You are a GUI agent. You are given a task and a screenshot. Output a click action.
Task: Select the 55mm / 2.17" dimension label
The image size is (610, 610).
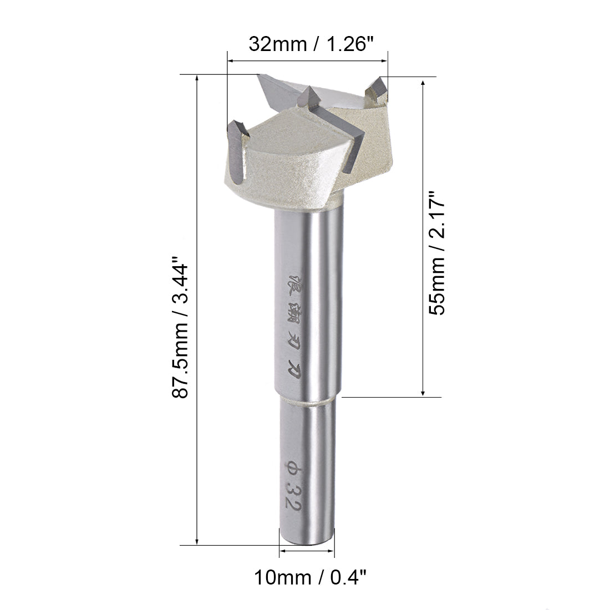click(439, 252)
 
